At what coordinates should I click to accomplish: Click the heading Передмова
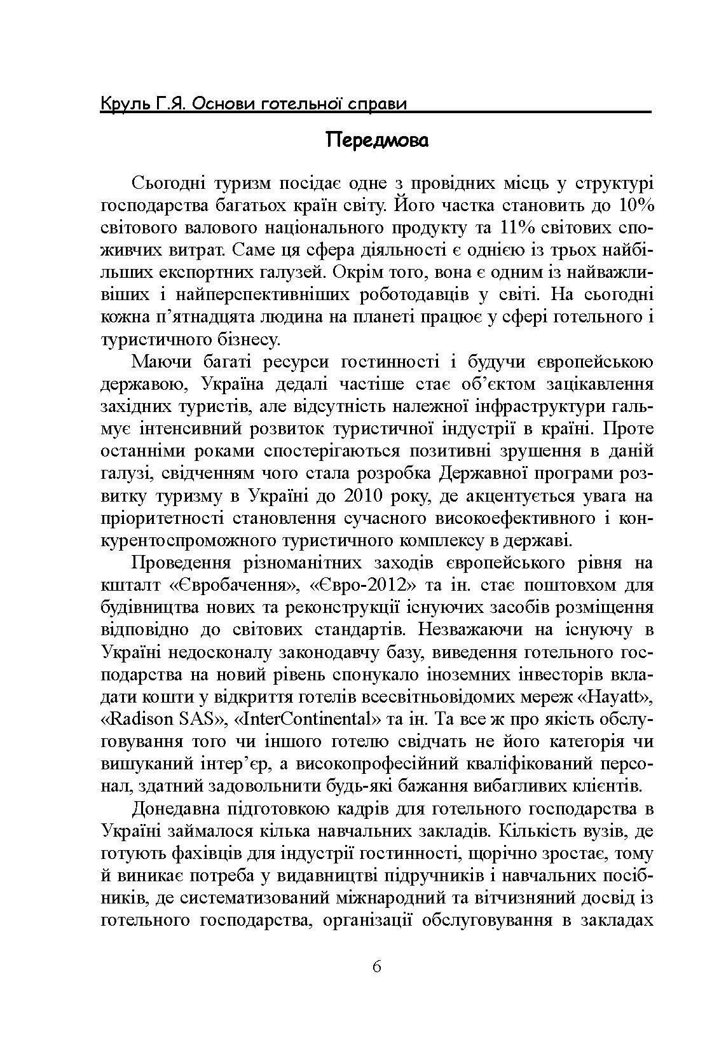click(377, 140)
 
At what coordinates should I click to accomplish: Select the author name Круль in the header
click(124, 103)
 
